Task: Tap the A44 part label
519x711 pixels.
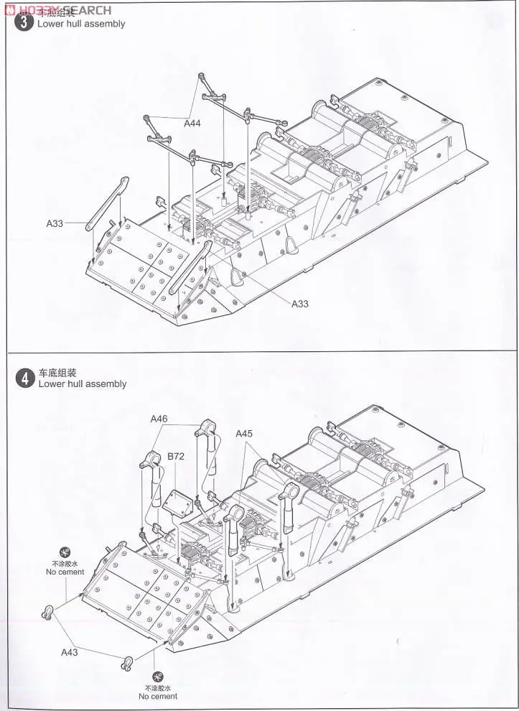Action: (x=192, y=124)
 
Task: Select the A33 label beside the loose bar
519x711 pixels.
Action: (x=55, y=223)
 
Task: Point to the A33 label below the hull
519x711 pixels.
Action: (x=299, y=304)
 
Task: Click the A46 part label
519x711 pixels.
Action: (x=159, y=419)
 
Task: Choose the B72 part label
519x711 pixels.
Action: (x=176, y=456)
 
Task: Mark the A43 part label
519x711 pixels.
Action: (x=69, y=652)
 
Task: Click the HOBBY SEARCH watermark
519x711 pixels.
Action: (x=57, y=9)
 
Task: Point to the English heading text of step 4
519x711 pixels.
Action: (x=82, y=384)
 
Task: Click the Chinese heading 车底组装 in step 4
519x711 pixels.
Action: (x=57, y=373)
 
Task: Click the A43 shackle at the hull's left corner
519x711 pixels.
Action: (x=47, y=613)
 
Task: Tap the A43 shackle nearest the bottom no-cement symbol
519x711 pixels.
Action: (x=126, y=662)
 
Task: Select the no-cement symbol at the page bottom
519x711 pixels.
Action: (x=158, y=677)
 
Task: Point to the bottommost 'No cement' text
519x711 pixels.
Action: (x=158, y=697)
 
